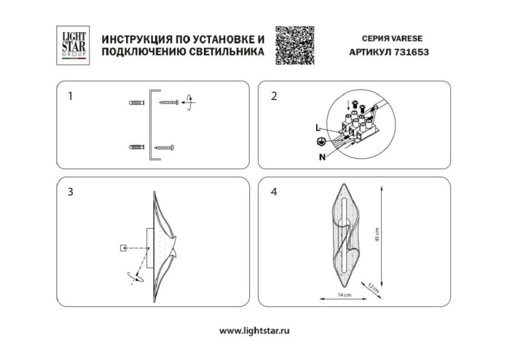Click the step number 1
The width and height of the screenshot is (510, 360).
[70, 95]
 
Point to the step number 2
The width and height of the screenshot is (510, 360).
[274, 95]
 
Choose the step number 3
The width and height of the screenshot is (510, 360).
[70, 192]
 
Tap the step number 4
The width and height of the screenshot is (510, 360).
[274, 192]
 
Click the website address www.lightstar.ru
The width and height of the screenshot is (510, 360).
[255, 332]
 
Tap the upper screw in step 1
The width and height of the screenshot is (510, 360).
[172, 103]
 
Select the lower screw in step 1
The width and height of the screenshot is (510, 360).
[166, 148]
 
